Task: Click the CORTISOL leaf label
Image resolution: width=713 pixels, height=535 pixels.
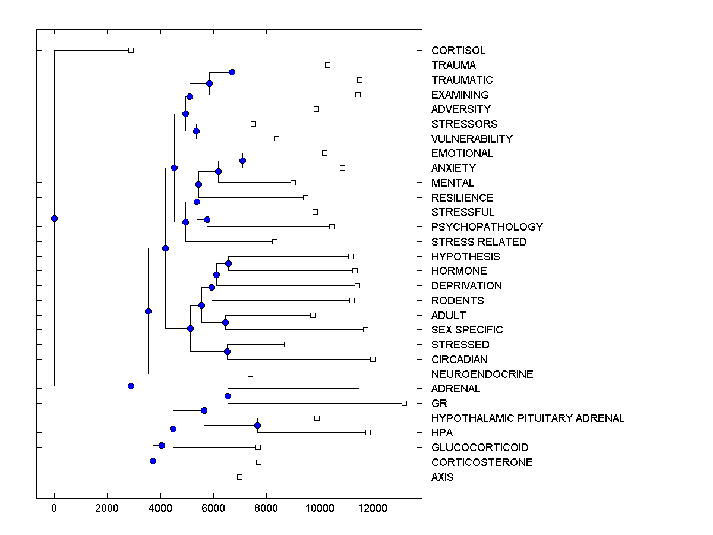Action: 458,51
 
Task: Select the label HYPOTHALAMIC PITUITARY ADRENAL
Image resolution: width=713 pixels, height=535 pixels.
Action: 528,418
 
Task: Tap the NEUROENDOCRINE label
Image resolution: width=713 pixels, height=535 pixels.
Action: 482,374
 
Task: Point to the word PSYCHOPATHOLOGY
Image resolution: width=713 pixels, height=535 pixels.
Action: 487,227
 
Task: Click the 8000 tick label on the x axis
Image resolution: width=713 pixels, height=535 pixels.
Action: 266,508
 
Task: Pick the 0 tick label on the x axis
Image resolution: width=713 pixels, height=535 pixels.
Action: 54,508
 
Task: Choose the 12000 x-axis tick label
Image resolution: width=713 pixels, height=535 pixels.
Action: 373,508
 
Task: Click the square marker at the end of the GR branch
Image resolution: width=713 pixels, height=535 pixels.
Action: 404,403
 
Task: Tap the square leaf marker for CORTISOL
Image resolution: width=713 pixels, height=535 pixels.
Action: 131,51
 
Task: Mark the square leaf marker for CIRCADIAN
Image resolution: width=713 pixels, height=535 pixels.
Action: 373,359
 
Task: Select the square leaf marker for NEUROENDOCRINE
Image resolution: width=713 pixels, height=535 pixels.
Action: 250,374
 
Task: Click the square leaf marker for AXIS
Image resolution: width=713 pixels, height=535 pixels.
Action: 239,477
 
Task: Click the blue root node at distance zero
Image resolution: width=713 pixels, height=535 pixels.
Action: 54,218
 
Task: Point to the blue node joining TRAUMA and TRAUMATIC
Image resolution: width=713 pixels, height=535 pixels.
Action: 232,73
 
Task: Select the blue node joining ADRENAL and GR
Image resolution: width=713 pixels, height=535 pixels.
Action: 228,396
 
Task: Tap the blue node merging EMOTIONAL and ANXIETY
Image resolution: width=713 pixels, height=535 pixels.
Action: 242,160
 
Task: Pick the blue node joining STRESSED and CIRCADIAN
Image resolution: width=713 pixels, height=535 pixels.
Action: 227,352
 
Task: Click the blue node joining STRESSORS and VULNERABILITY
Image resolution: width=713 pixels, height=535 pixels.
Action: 196,131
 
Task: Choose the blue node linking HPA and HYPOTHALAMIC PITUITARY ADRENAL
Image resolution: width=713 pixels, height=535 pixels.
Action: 257,425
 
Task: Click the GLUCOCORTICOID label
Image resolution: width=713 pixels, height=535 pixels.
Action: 479,448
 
